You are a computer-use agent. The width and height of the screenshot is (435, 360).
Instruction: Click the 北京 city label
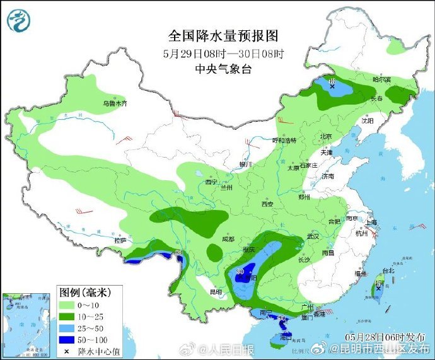(x=325, y=136)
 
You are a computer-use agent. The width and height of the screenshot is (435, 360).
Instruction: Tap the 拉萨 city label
(x=120, y=240)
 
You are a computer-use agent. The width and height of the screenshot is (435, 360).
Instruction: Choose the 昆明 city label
(x=216, y=293)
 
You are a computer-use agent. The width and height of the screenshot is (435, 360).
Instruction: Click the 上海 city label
(x=371, y=222)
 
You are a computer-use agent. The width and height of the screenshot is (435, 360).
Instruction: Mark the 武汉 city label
(x=313, y=236)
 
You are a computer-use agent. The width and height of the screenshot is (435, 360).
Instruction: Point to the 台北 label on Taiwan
(x=387, y=270)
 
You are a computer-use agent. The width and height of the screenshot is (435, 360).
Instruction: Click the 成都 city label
(x=228, y=239)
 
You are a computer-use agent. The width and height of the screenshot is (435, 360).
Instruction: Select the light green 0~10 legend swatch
(x=67, y=305)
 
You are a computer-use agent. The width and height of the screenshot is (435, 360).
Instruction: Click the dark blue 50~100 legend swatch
(x=67, y=339)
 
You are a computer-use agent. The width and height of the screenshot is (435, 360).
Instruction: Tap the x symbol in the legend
(x=67, y=351)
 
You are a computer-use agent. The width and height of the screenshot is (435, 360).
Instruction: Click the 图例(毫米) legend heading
(x=85, y=293)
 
